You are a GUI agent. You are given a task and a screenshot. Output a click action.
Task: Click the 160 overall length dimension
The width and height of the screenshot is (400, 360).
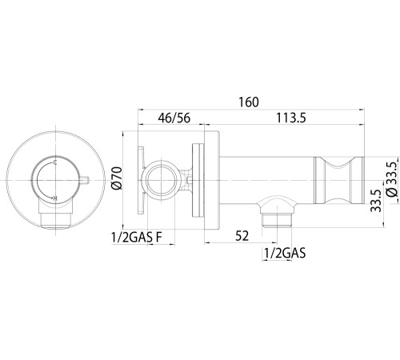click(x=249, y=102)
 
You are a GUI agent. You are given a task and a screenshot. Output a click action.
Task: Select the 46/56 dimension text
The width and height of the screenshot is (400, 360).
click(x=174, y=118)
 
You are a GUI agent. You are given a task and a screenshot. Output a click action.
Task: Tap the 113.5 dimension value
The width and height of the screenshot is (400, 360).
click(x=291, y=118)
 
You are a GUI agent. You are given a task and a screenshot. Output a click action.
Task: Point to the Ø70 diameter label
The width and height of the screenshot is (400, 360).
click(x=117, y=178)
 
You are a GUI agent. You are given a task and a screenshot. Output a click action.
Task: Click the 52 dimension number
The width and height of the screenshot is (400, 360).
click(x=242, y=236)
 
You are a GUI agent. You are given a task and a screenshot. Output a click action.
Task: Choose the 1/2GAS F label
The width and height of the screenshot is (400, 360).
click(x=137, y=238)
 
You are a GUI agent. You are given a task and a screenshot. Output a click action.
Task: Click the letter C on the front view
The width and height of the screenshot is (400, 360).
click(x=55, y=162)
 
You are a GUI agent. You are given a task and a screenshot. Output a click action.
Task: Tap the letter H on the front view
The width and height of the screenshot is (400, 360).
click(x=55, y=198)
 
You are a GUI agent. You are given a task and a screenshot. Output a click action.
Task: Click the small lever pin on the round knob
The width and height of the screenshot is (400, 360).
click(x=84, y=180)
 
